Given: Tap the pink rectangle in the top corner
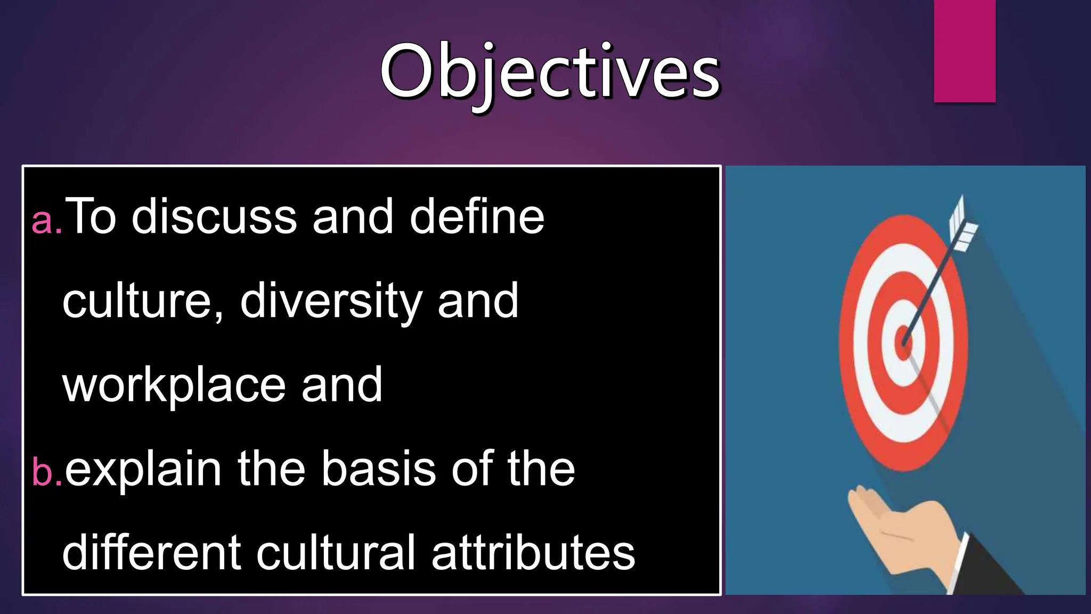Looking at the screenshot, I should click(964, 51).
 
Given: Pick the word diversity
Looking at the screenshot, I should click(330, 301).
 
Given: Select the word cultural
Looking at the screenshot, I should click(336, 553).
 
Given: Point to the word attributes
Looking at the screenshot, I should click(533, 553).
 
